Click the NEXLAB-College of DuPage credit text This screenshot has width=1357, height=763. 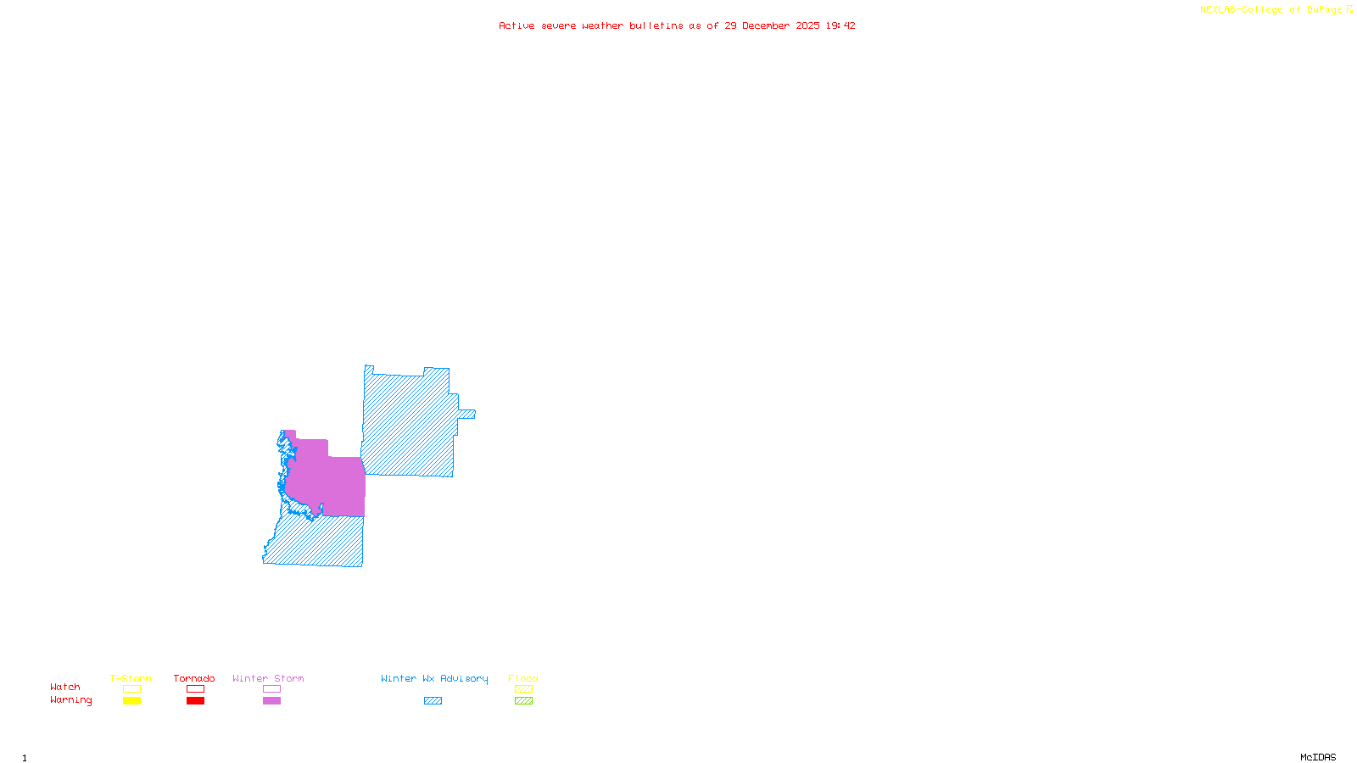[1276, 10]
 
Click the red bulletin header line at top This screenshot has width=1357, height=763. [677, 26]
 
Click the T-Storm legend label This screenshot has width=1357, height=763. [131, 678]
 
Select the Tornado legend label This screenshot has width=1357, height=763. [194, 678]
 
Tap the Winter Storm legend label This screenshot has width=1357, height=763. [268, 678]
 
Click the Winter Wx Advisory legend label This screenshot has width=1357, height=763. [434, 678]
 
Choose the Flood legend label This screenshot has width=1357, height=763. [523, 678]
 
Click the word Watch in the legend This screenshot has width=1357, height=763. [65, 688]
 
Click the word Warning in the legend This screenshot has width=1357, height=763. [71, 700]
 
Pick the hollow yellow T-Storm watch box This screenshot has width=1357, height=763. [131, 689]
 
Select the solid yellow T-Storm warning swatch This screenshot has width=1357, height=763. [131, 701]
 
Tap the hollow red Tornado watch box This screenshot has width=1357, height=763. [195, 689]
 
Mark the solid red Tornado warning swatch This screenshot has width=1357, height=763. [195, 701]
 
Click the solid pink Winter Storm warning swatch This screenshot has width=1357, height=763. [271, 701]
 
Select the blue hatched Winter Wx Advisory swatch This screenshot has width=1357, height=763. [433, 701]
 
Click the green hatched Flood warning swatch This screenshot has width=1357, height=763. [523, 701]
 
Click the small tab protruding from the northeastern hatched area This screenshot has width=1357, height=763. [467, 415]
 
